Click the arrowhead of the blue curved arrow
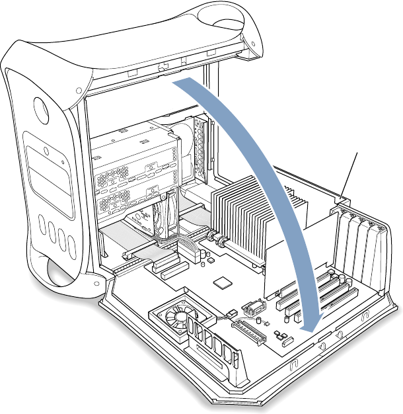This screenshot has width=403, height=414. coord(310,320)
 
